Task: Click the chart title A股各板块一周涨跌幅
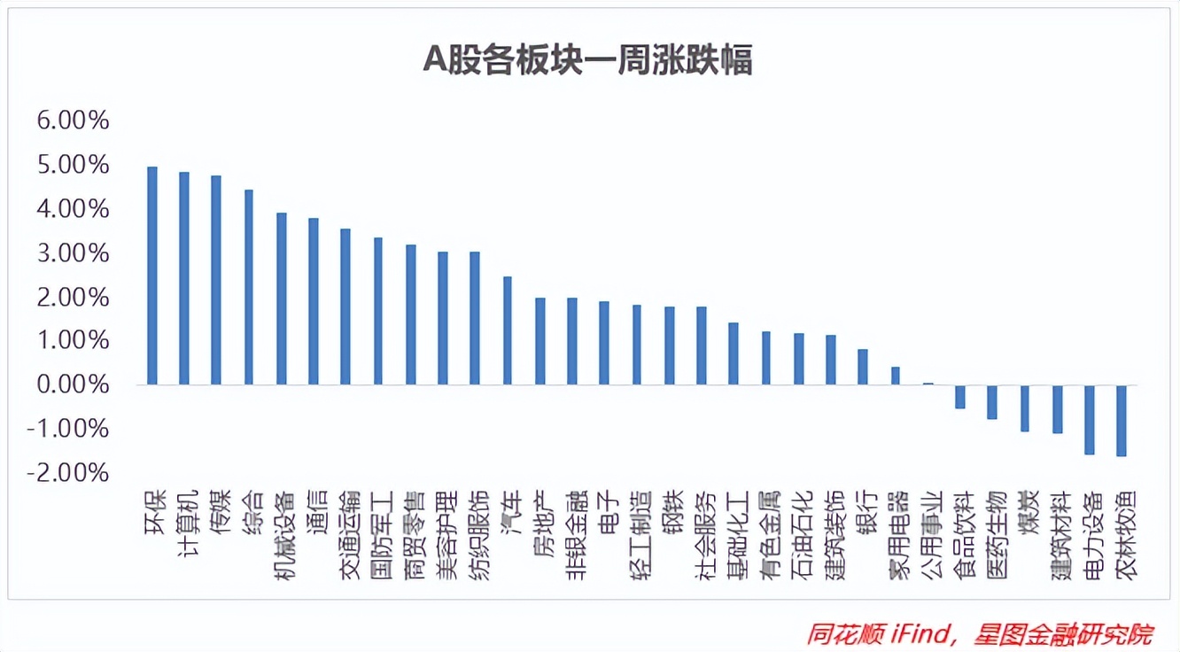pyautogui.click(x=588, y=60)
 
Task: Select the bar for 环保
pyautogui.click(x=151, y=276)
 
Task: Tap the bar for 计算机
pyautogui.click(x=184, y=278)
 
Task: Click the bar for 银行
pyautogui.click(x=863, y=367)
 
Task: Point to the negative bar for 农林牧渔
pyautogui.click(x=1122, y=421)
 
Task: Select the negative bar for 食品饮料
pyautogui.click(x=959, y=397)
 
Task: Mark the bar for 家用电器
pyautogui.click(x=895, y=376)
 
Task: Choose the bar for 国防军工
pyautogui.click(x=378, y=311)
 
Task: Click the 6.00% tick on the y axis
pyautogui.click(x=73, y=120)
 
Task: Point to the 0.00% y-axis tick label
pyautogui.click(x=73, y=385)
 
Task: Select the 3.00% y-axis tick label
pyautogui.click(x=73, y=253)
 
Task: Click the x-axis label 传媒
pyautogui.click(x=217, y=511)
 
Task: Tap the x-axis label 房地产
pyautogui.click(x=540, y=522)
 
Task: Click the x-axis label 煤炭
pyautogui.click(x=1025, y=511)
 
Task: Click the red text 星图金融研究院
pyautogui.click(x=1062, y=634)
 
